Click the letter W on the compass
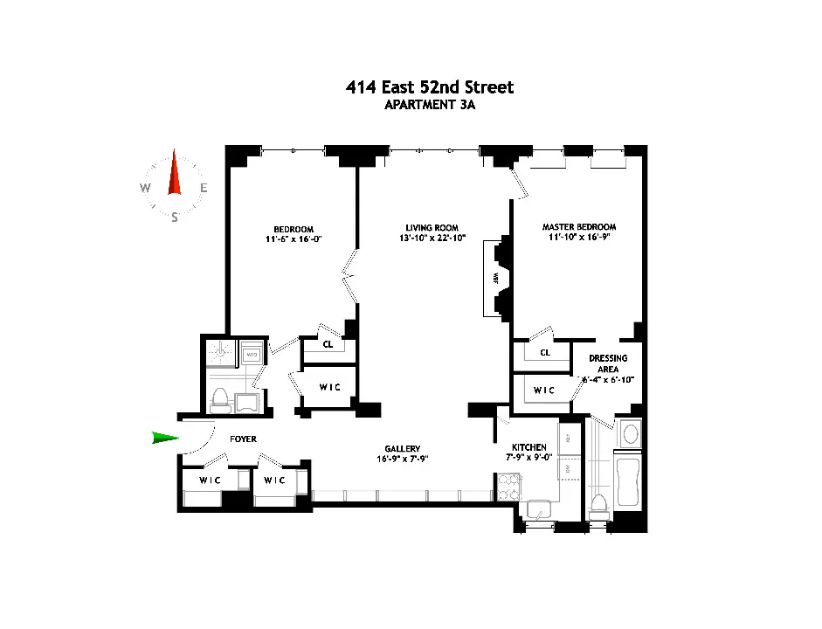(x=145, y=188)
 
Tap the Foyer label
(x=243, y=439)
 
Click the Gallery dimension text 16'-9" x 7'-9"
(x=402, y=459)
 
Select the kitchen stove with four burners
(x=508, y=487)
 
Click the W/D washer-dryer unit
(x=251, y=355)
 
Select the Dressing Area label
(x=608, y=363)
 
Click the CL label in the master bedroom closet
(x=545, y=353)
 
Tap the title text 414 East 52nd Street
(x=428, y=87)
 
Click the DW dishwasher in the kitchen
(x=566, y=469)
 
